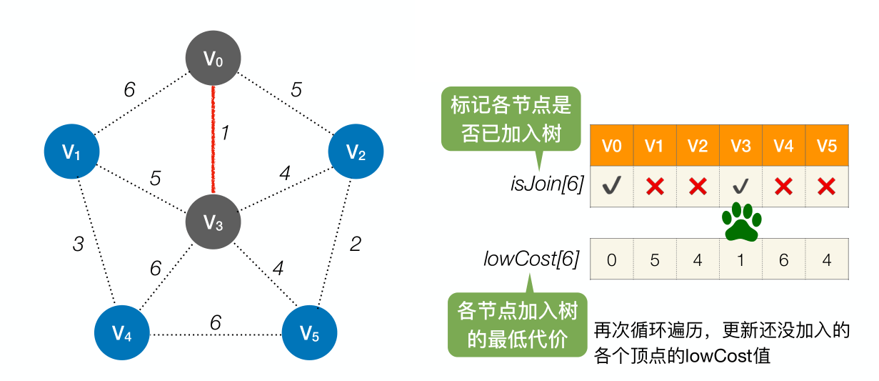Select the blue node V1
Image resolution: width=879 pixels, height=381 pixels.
click(x=71, y=152)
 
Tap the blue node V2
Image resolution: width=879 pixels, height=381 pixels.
click(x=356, y=152)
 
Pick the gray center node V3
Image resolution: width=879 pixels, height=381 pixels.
click(x=213, y=223)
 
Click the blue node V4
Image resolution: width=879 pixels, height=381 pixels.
click(x=122, y=333)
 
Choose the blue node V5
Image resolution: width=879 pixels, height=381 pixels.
click(x=309, y=333)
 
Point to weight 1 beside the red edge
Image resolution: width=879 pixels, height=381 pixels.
click(x=225, y=134)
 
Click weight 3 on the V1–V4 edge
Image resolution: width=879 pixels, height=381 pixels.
click(x=79, y=244)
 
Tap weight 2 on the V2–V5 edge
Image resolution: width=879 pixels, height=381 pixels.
click(x=355, y=244)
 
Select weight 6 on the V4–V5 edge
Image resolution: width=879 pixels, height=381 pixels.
click(x=215, y=322)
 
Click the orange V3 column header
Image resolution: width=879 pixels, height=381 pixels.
click(x=740, y=146)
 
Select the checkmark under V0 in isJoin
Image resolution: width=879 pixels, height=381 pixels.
click(x=611, y=187)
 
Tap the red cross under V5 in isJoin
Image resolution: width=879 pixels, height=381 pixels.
click(x=826, y=187)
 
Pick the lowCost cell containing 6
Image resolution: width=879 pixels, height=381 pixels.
click(x=783, y=259)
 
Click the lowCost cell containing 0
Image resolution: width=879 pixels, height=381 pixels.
click(x=611, y=259)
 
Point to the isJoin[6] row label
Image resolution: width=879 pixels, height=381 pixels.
click(x=548, y=185)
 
